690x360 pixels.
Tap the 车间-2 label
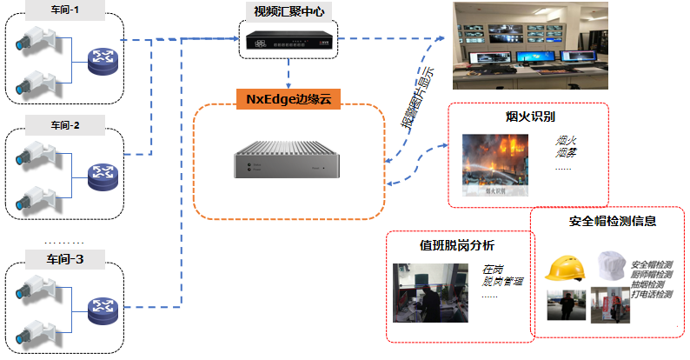[x=63, y=125]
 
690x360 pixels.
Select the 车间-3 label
[x=63, y=258]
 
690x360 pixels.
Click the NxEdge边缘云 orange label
[x=288, y=98]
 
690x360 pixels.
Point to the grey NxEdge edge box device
[x=288, y=164]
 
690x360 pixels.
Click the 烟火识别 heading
[x=530, y=116]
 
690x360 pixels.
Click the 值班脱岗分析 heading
[x=457, y=244]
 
